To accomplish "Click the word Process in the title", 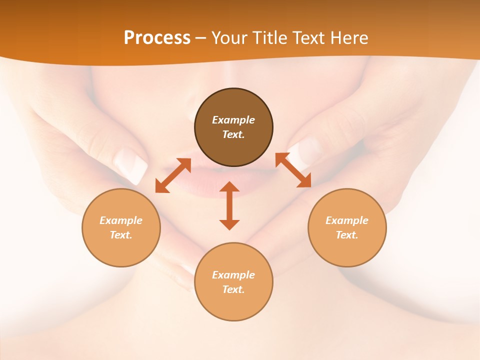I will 157,38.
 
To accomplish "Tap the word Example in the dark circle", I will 233,120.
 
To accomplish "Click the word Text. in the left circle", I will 121,235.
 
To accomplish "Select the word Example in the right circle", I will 347,220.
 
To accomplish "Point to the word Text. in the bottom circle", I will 233,289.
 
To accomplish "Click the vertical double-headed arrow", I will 229,205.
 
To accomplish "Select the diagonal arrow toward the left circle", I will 173,175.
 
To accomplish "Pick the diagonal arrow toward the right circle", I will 293,170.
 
